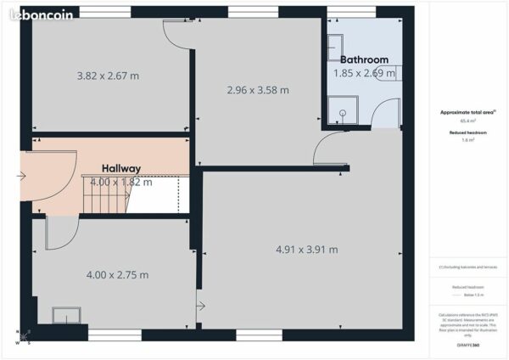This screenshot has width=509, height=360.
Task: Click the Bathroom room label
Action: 364,59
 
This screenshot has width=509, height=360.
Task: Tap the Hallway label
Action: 121,168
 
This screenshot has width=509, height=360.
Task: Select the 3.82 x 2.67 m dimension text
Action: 108,76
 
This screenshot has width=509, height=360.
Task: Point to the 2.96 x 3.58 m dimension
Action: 257,90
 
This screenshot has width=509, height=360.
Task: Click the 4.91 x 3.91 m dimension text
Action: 306,249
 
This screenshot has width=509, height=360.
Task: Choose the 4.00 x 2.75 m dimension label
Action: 117,275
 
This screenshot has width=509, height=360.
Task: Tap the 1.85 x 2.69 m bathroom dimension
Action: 364,74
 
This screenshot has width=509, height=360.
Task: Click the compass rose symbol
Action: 23,337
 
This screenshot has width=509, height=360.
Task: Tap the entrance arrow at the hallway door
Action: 21,177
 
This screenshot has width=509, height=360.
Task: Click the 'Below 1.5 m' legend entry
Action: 468,296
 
